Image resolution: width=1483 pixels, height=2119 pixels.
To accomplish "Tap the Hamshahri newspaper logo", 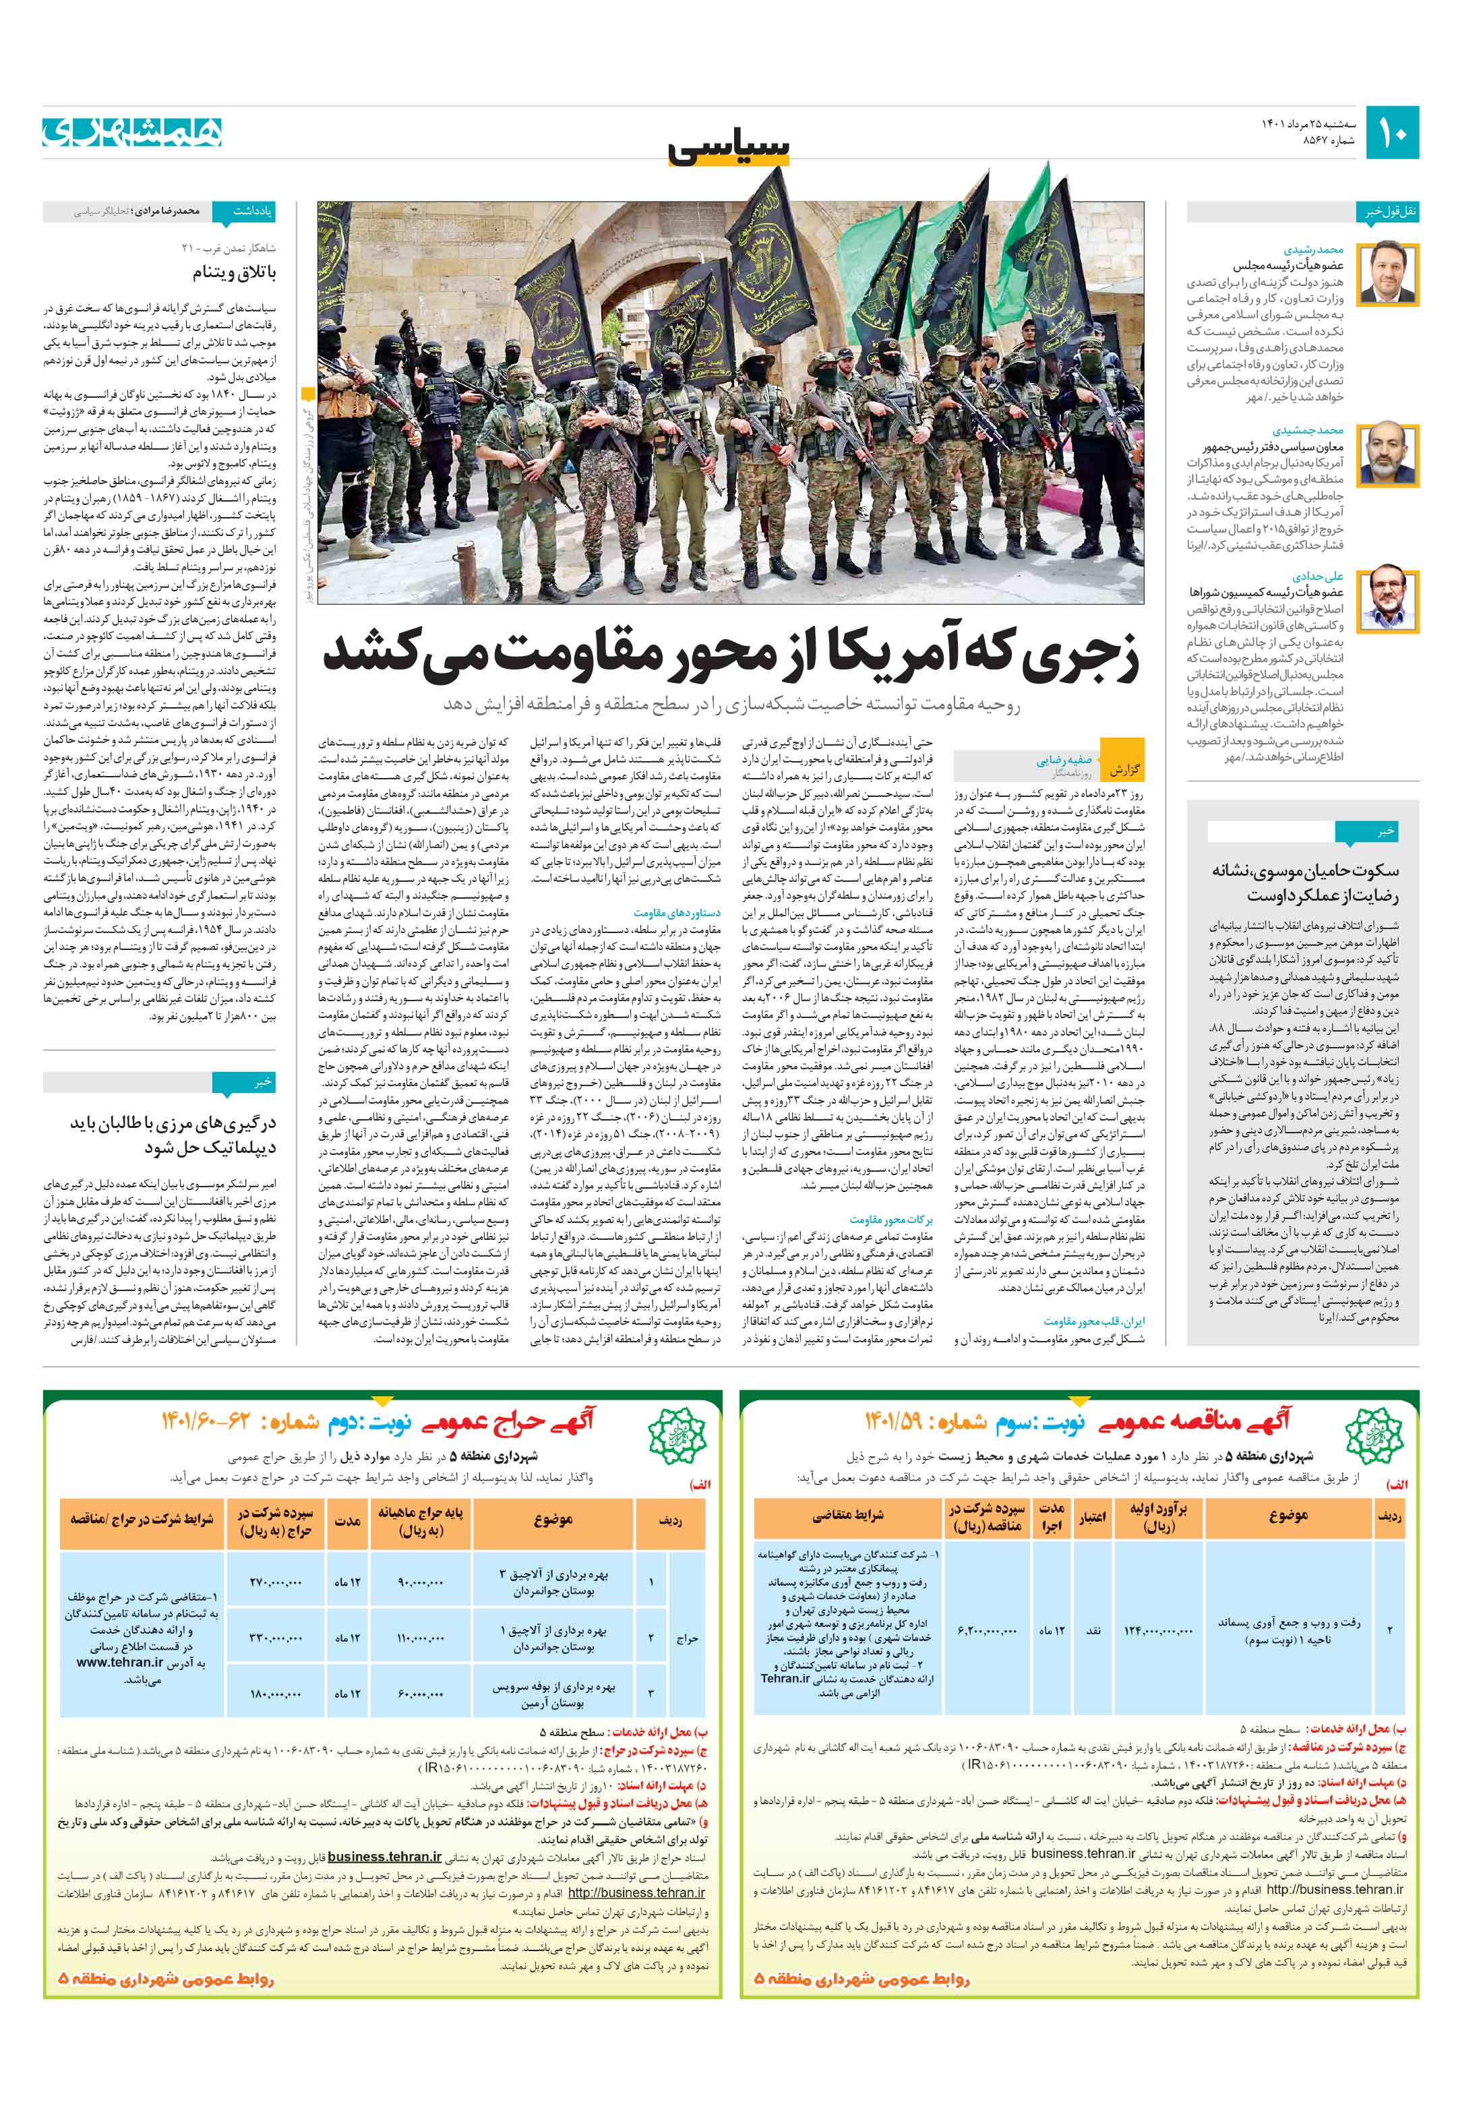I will (x=132, y=133).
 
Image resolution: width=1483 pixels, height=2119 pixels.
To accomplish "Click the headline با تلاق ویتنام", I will (x=235, y=273).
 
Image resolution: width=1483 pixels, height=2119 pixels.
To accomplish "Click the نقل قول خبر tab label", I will (x=1391, y=211).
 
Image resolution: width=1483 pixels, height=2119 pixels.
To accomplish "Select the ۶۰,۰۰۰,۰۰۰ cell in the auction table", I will (x=420, y=1694).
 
